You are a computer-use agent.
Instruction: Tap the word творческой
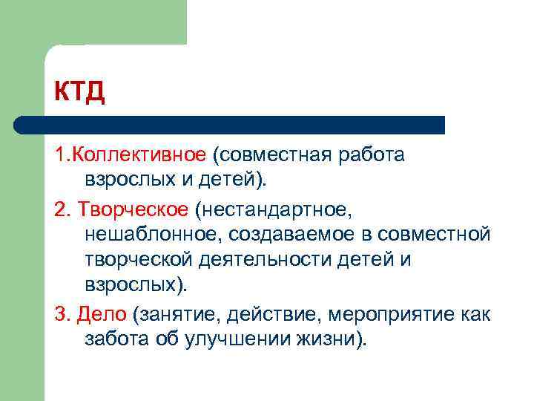pyautogui.click(x=141, y=261)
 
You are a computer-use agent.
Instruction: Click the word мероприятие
pyautogui.click(x=385, y=315)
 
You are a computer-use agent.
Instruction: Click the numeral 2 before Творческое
pyautogui.click(x=59, y=209)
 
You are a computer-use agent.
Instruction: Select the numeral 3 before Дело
pyautogui.click(x=59, y=315)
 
